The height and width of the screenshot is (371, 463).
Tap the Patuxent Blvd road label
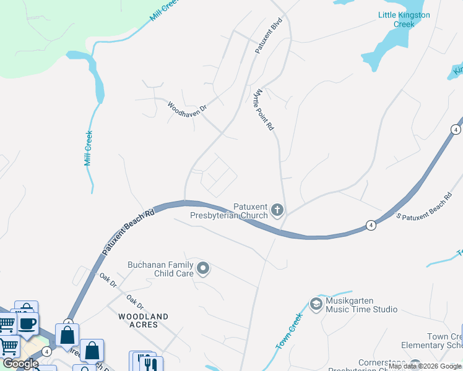coord(269,38)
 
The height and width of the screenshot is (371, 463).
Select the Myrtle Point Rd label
coord(263,108)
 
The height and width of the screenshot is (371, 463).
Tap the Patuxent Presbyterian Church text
coord(251,211)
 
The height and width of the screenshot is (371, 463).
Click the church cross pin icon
coord(277,211)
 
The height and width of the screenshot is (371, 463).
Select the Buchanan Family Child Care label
coord(160,269)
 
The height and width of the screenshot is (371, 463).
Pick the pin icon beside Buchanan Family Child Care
coord(203,269)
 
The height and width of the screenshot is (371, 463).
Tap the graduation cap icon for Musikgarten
coord(316,304)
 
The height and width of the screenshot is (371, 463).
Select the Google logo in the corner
coord(20,364)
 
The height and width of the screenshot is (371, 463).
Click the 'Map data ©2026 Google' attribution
coord(425,366)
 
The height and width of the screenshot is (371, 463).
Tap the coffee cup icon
coord(27,323)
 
